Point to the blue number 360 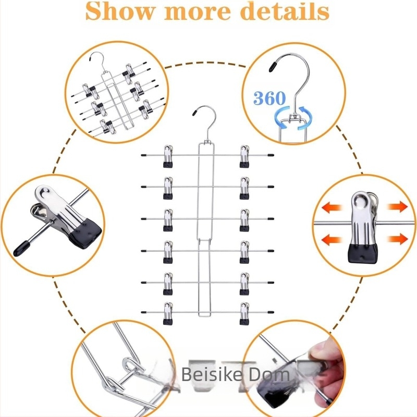click(x=270, y=98)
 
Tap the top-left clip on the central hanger click(x=168, y=156)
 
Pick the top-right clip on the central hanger click(x=244, y=156)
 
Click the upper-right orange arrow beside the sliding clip click(x=397, y=207)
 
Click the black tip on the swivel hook click(x=272, y=66)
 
